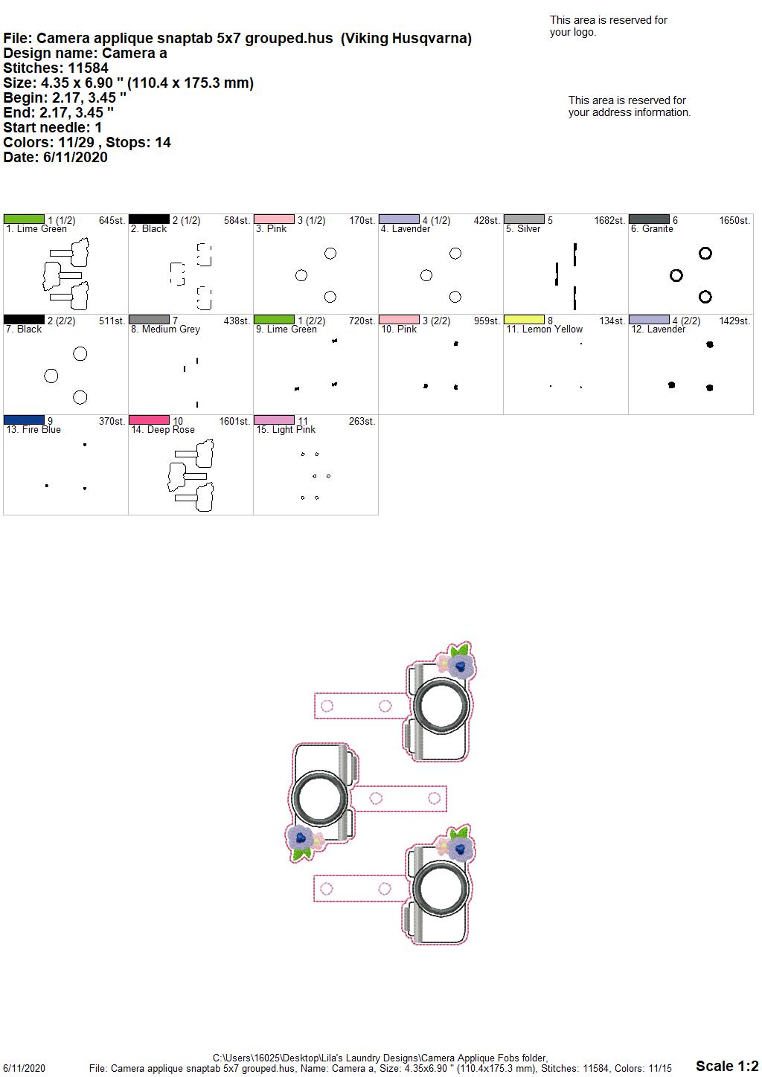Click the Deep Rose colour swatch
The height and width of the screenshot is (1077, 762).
(x=149, y=419)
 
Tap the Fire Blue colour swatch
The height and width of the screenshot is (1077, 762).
(x=24, y=419)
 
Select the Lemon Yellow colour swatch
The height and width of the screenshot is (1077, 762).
(x=524, y=319)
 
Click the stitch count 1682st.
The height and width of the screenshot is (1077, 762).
(x=609, y=220)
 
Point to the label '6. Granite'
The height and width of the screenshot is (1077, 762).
(x=652, y=229)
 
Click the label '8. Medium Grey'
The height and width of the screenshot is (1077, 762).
(x=165, y=329)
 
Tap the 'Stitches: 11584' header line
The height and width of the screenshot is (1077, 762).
(x=56, y=68)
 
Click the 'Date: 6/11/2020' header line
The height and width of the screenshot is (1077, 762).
(x=55, y=157)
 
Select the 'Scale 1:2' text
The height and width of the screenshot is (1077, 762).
(x=727, y=1065)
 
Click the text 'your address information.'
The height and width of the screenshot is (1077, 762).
(x=630, y=112)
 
